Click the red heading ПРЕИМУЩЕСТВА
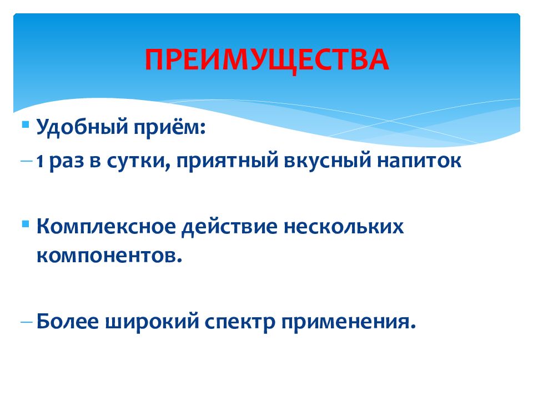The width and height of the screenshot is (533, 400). click(267, 60)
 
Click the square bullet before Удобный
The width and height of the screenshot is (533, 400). click(26, 124)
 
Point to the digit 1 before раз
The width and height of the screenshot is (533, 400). click(40, 161)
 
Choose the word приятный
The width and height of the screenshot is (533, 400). click(227, 161)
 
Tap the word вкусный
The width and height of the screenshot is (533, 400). click(328, 161)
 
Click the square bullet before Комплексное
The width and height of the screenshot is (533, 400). click(26, 224)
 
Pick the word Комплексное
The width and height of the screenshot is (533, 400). click(106, 226)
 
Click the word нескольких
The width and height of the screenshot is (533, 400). click(344, 227)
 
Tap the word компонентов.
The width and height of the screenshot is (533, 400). click(109, 256)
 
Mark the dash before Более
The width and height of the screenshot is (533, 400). click(27, 321)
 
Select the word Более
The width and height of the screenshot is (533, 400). click(68, 321)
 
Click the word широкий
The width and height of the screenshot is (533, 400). click(152, 321)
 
